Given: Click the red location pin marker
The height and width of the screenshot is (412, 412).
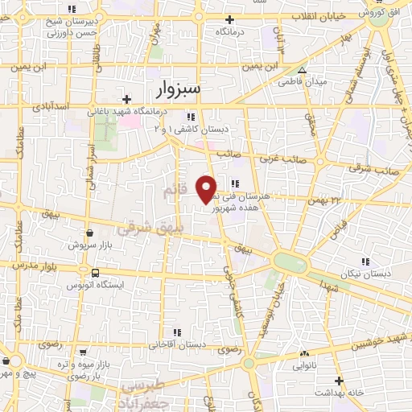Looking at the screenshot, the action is pos(208,188).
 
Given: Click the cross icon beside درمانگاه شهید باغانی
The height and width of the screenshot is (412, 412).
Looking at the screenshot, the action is pos(126,100).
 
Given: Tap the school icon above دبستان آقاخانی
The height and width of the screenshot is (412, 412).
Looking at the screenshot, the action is pos(175,332).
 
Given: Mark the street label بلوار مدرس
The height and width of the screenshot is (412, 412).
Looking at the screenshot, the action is pos(32,264).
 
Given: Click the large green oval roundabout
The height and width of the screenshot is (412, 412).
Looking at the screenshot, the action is pos(289,262).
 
